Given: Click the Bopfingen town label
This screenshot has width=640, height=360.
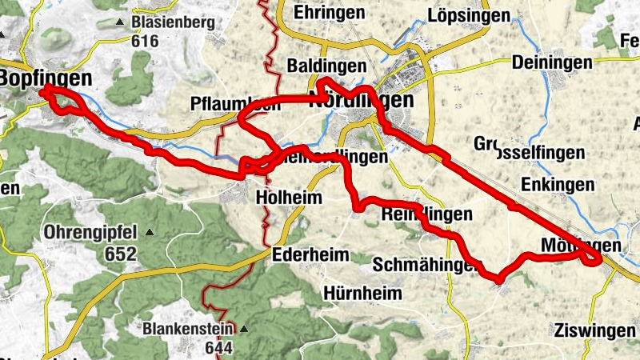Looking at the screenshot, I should coord(35,78).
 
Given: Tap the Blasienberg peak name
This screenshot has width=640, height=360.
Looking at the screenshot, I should coord(173,22).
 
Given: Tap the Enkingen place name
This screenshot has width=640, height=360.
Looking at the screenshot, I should coord(557,185).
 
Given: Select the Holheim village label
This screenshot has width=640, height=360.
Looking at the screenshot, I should coord(289,197).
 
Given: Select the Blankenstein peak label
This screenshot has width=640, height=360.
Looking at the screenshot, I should coord(188,329).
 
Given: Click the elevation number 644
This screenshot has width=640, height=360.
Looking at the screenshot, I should coord(218,348).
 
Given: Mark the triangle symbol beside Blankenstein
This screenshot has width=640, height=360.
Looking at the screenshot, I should coord(243,329).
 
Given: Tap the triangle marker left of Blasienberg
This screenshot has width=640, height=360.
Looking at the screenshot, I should coord(120,22).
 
